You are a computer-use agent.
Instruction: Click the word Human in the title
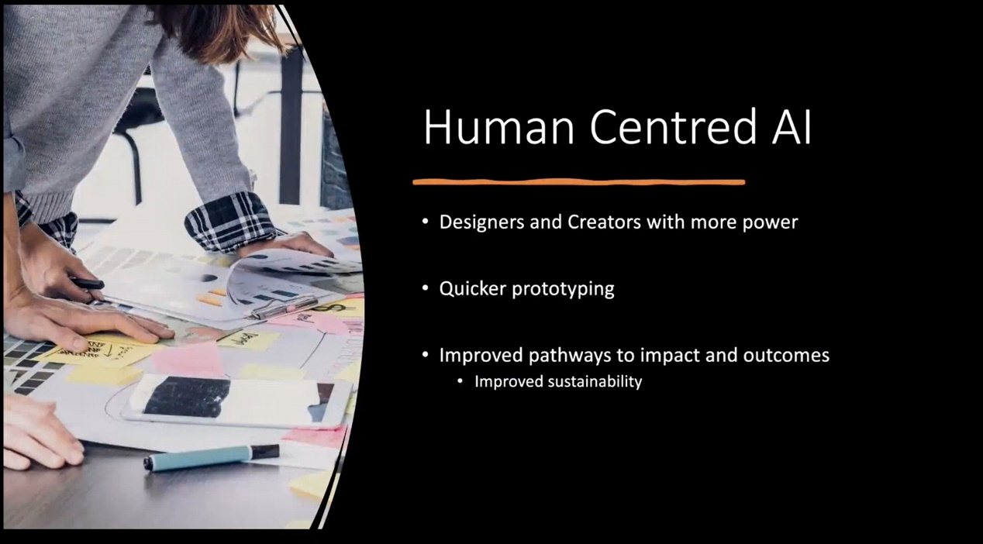pos(498,127)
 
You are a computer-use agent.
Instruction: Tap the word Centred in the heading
pos(674,127)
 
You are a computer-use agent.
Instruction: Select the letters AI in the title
pos(792,127)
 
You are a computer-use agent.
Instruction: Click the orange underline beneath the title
pos(579,182)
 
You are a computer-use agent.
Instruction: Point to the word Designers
pos(482,222)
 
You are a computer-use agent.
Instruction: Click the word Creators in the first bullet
pos(604,222)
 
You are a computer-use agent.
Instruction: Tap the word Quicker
pos(473,289)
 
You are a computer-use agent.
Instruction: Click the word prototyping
pos(564,290)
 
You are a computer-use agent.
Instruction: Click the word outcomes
pos(786,356)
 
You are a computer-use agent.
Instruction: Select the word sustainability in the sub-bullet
pos(595,382)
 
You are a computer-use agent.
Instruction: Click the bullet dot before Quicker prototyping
pos(426,289)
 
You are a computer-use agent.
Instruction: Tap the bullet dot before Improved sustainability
pos(460,382)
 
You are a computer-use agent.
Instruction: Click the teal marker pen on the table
pos(212,457)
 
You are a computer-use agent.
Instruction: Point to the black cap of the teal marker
pos(264,452)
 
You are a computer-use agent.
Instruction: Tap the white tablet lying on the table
pos(237,401)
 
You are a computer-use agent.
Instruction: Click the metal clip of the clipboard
pos(285,307)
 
